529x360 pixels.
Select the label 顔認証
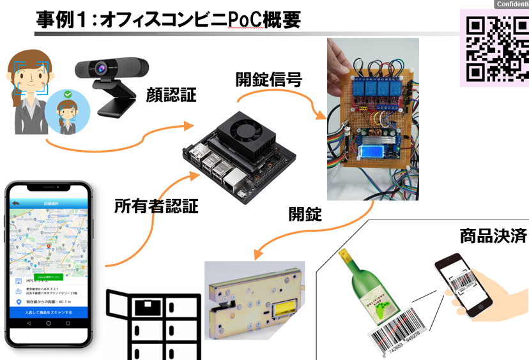tap(171, 95)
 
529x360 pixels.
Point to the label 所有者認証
tap(156, 206)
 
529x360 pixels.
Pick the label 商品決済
tap(493, 236)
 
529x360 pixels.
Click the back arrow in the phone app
tap(16, 203)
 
